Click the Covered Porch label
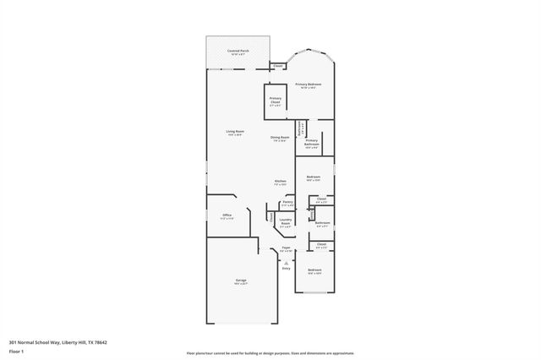(x=238, y=51)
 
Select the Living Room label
(x=234, y=131)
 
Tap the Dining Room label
(x=280, y=137)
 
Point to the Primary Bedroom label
(x=308, y=85)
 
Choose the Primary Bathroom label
(x=311, y=142)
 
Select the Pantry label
(x=287, y=203)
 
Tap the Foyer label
(x=286, y=248)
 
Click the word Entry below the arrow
(x=286, y=269)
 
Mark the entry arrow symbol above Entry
(x=286, y=262)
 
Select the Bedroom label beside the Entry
(x=314, y=271)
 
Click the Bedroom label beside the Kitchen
(x=313, y=177)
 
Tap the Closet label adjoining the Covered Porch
(x=278, y=65)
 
